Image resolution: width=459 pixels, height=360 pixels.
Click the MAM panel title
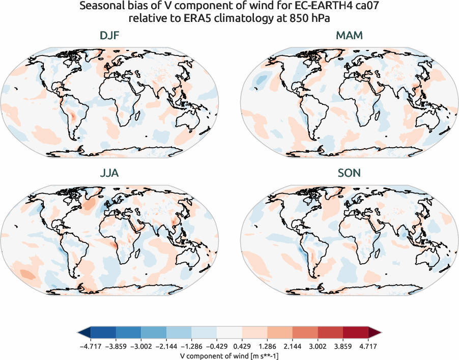pyautogui.click(x=349, y=36)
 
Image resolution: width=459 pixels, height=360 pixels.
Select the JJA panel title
pyautogui.click(x=109, y=173)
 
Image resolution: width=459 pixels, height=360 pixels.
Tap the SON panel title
pyautogui.click(x=349, y=173)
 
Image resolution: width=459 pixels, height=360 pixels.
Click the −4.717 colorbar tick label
pyautogui.click(x=90, y=346)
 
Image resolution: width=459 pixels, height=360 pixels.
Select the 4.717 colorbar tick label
pyautogui.click(x=368, y=346)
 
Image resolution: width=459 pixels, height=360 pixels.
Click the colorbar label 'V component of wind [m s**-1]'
pyautogui.click(x=229, y=355)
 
